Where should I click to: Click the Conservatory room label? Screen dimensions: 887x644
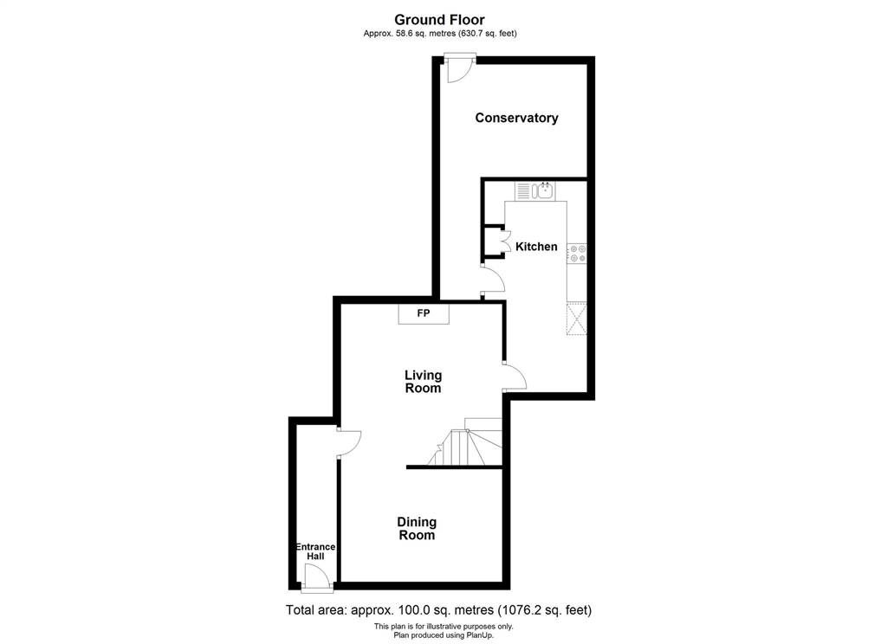pos(516,118)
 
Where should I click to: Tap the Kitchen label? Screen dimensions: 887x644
pos(536,247)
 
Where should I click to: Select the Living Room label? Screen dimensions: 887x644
pos(423,382)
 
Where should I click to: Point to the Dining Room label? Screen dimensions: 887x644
pos(417,528)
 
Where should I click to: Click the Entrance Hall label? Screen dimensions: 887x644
pos(315,551)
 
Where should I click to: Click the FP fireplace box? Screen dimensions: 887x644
pos(424,314)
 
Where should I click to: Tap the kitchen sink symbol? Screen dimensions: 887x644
pos(535,190)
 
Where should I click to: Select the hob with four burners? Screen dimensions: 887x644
pos(577,254)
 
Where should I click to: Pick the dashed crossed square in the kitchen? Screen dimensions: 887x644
pos(576,319)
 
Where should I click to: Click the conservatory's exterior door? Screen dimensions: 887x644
pos(459,68)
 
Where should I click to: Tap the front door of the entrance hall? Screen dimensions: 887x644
pos(317,579)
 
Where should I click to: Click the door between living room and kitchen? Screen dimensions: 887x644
pos(515,376)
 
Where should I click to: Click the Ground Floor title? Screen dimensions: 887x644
pos(439,21)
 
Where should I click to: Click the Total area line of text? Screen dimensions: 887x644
pos(438,610)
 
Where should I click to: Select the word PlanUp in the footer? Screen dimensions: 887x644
pos(480,635)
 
